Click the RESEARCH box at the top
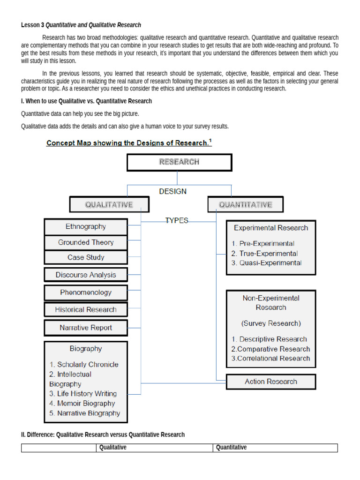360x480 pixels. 179,162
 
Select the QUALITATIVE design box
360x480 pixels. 109,204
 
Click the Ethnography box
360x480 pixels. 86,227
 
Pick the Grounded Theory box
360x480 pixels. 86,242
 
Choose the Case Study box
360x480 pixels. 86,257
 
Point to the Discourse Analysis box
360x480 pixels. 86,275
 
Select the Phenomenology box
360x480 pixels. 86,292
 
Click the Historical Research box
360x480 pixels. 86,309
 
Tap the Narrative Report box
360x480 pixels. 86,328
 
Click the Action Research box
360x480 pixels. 271,382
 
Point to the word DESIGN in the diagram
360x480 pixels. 172,191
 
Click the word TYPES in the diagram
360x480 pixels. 177,220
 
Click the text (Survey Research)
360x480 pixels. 271,323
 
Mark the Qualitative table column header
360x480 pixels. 113,448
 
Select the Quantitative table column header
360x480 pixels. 232,448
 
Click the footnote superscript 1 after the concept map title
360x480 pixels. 210,140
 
